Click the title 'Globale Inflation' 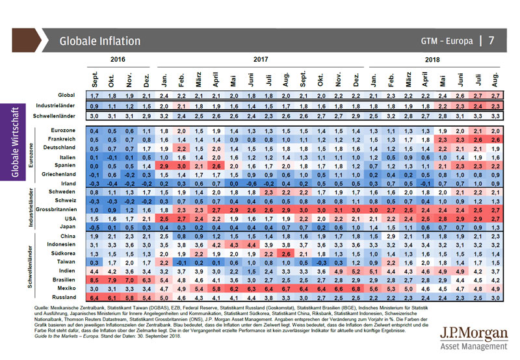(x=99, y=41)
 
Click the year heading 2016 (x=118, y=59)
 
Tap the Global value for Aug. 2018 (x=495, y=95)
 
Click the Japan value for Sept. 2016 (x=94, y=227)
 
